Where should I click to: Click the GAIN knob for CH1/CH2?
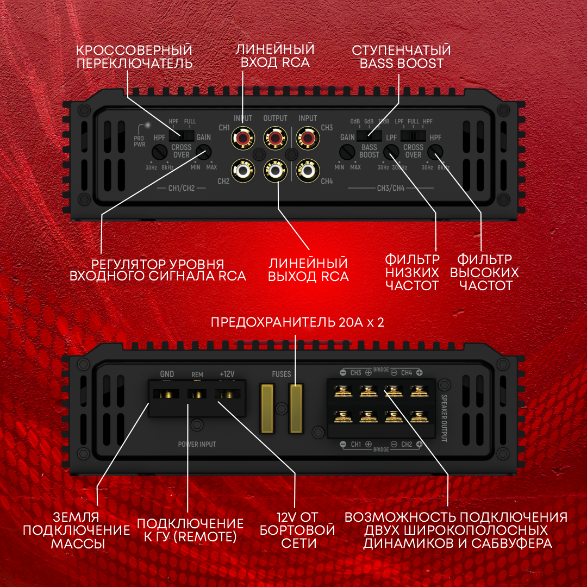point(204,152)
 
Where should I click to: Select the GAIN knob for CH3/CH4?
point(347,152)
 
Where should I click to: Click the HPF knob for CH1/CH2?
point(159,152)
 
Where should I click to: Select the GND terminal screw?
point(167,394)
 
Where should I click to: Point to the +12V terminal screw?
point(226,394)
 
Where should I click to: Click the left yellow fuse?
point(267,409)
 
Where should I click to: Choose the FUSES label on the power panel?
point(282,374)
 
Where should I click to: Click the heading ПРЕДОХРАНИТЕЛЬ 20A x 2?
point(297,322)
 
